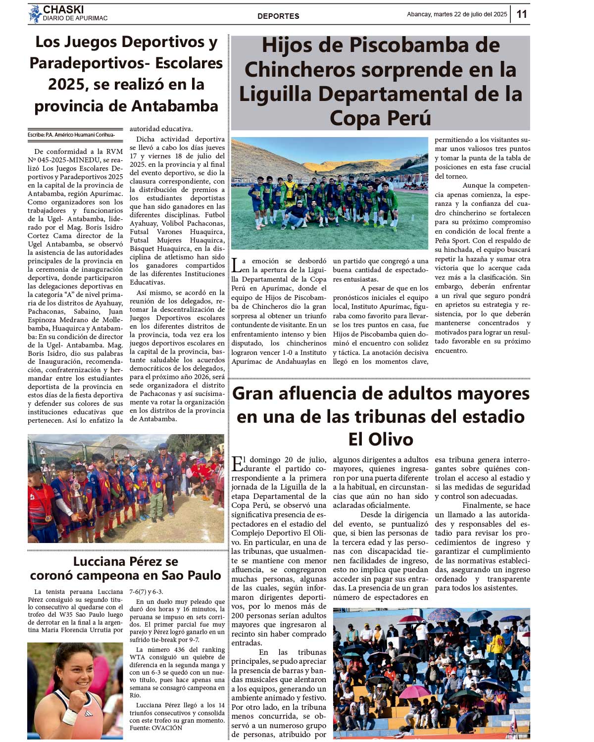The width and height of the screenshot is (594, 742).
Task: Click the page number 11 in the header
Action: tap(522, 14)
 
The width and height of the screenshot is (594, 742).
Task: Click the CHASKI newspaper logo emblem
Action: tap(35, 14)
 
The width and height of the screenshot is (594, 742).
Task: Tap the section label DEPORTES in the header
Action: tap(278, 16)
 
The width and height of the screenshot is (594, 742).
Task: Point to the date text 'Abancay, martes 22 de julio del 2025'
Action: tap(456, 14)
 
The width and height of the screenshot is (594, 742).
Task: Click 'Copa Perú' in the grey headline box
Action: tap(380, 118)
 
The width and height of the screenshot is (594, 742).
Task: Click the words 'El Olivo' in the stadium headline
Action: tap(380, 440)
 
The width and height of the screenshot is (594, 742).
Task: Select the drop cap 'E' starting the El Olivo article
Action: tap(237, 464)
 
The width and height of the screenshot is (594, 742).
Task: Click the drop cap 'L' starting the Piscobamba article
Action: tap(237, 265)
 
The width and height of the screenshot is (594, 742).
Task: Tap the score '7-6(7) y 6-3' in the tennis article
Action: tap(146, 592)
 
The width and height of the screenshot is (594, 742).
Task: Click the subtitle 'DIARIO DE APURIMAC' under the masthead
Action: tap(75, 18)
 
